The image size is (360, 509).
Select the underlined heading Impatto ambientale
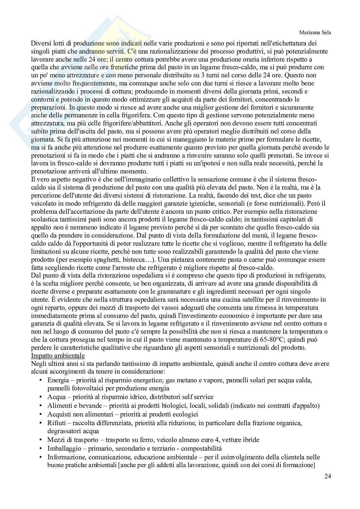coord(58,356)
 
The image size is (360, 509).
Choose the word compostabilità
coord(200,448)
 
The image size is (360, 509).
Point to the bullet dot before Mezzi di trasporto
coord(41,440)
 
